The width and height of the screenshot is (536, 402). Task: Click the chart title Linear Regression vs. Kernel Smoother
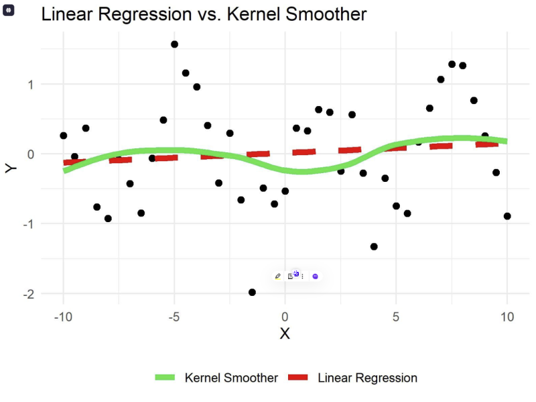[x=204, y=14]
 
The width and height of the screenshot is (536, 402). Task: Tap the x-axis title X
[x=285, y=334]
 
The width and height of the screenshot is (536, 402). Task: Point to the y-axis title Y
[x=11, y=168]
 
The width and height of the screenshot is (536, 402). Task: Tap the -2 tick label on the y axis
[x=28, y=294]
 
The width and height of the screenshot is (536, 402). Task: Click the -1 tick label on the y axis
[x=28, y=223]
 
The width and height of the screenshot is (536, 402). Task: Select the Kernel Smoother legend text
[x=231, y=378]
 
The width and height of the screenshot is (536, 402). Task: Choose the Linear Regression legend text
[x=367, y=378]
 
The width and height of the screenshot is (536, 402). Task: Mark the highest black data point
[x=174, y=44]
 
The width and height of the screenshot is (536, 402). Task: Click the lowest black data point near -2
[x=252, y=292]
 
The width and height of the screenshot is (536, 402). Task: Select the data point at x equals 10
[x=507, y=216]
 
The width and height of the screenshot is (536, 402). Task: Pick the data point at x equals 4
[x=374, y=246]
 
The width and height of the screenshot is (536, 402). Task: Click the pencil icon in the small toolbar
[x=278, y=276]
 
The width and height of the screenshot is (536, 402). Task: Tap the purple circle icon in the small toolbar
[x=315, y=276]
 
